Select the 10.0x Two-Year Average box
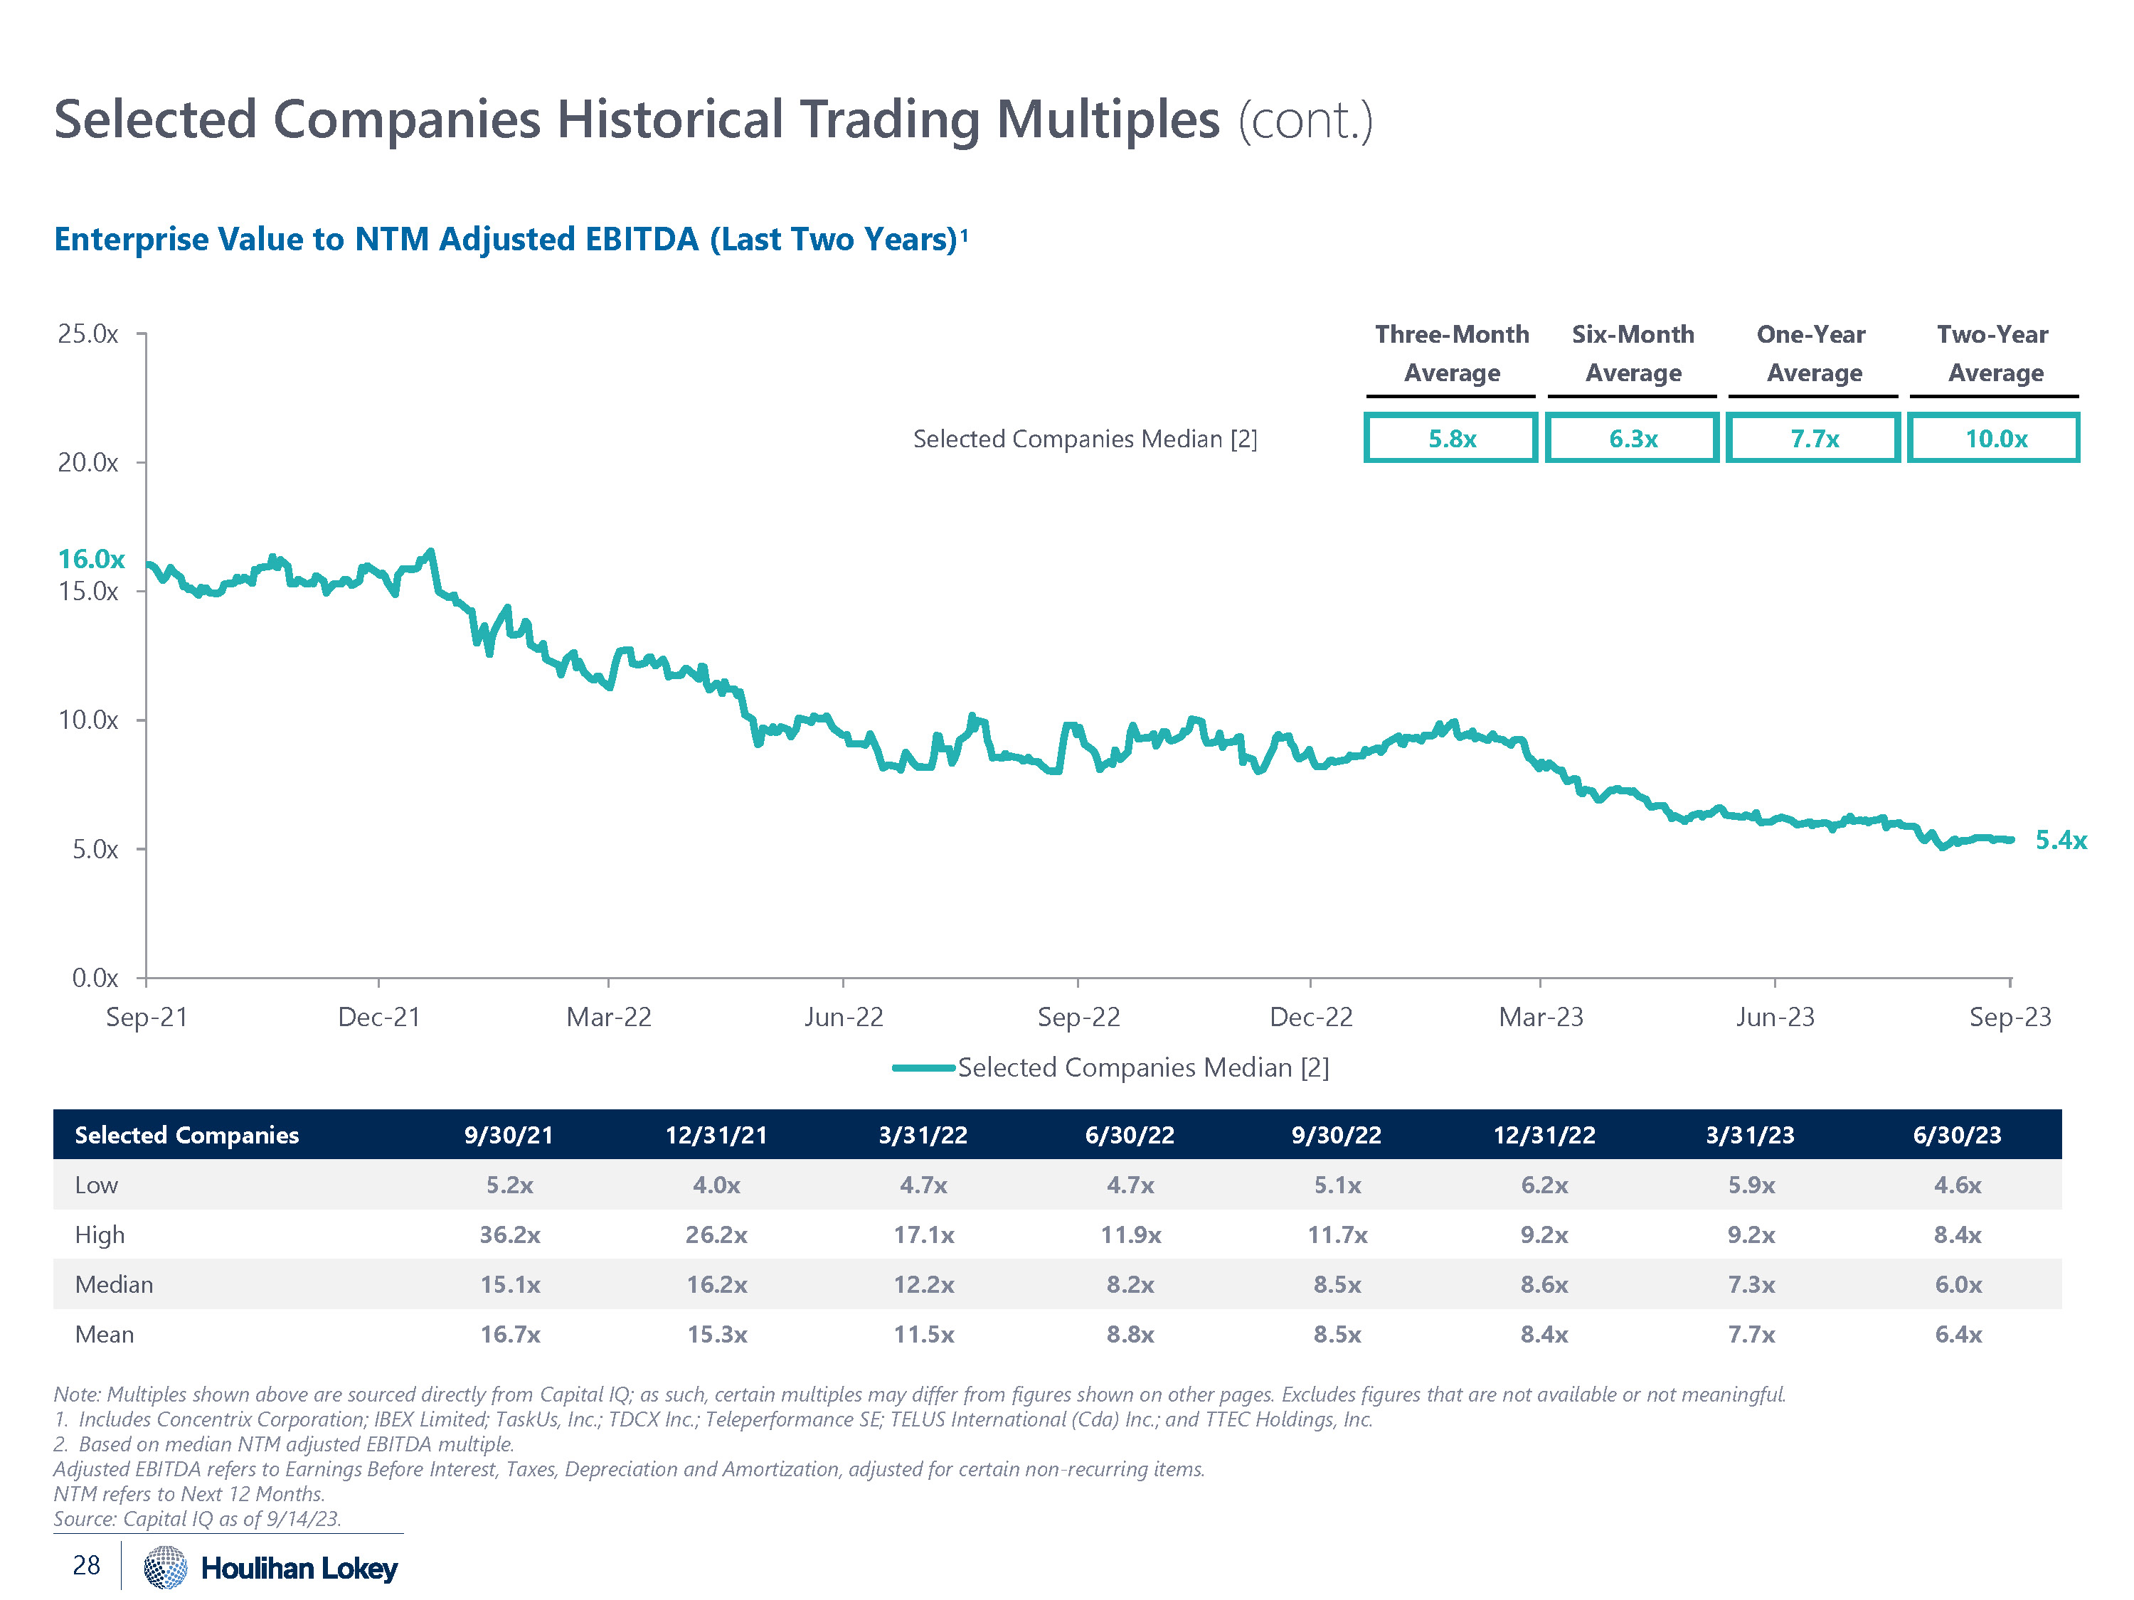pos(1994,439)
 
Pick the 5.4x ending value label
pos(2060,840)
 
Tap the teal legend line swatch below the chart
pos(923,1067)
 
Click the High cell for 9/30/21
pos(509,1234)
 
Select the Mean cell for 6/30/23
pos(1958,1335)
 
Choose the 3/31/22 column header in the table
pos(923,1135)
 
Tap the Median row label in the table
pos(114,1285)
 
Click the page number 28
pos(86,1564)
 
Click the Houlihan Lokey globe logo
pos(165,1567)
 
